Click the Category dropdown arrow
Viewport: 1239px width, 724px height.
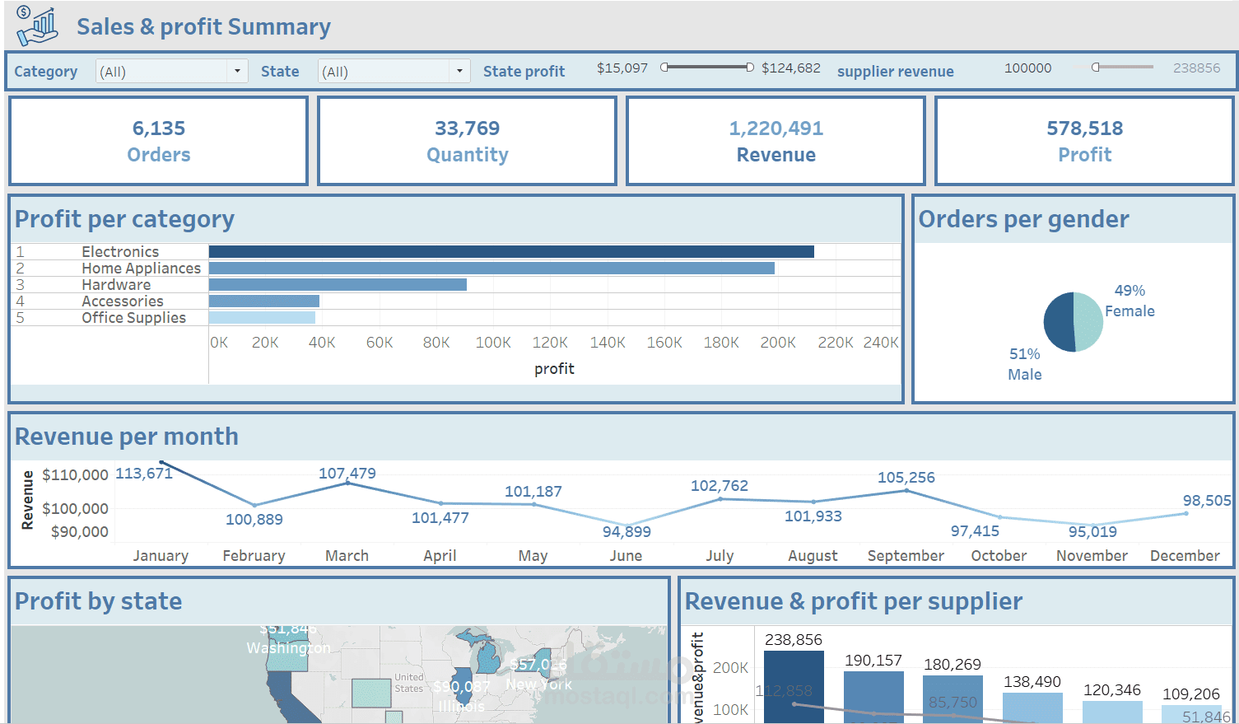237,72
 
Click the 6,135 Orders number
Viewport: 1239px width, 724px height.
159,128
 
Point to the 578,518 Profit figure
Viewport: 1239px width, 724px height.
1084,128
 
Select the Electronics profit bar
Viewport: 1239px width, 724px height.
511,252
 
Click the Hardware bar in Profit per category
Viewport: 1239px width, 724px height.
338,285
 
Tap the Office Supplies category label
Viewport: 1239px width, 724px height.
133,318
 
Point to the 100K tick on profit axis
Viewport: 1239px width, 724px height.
493,343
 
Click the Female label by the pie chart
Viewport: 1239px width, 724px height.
1130,311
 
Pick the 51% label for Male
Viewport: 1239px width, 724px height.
1025,354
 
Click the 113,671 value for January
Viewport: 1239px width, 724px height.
144,474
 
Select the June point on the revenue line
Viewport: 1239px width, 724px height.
627,525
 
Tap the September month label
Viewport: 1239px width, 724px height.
906,556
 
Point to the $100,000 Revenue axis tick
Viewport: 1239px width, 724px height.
75,509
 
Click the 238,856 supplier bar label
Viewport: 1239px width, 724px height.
793,640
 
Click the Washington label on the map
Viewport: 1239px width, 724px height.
288,648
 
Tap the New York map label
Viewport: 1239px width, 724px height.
538,684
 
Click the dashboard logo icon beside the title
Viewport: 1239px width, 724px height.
37,26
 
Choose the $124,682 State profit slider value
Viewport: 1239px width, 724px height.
790,68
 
